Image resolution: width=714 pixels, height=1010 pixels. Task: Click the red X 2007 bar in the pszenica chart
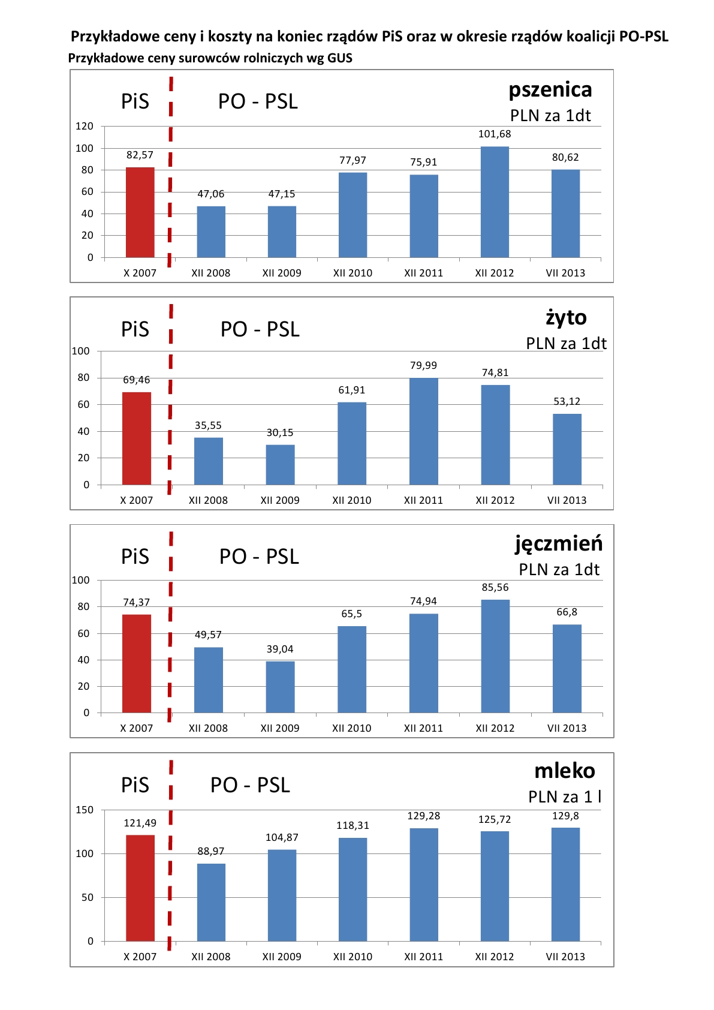[140, 212]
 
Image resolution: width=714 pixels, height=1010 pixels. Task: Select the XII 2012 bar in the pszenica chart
[495, 202]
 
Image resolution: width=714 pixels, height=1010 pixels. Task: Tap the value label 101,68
[495, 134]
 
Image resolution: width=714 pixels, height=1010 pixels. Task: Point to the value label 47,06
[211, 194]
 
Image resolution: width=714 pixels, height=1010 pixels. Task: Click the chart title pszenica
[550, 90]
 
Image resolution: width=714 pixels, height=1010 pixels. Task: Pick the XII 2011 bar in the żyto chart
[423, 431]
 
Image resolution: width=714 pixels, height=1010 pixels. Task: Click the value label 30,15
[280, 432]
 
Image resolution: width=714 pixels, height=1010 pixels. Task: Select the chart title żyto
[566, 317]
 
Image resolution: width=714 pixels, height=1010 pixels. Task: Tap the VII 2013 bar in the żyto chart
[567, 449]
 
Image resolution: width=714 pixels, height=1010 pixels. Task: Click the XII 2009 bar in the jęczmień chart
[280, 687]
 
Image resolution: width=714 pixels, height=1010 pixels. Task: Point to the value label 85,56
[495, 587]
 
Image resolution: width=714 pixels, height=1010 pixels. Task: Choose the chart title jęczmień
[559, 543]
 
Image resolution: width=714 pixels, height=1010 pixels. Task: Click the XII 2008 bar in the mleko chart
[211, 902]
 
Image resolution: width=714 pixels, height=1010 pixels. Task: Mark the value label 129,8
[565, 816]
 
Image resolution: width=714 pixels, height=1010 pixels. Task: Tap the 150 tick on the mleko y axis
[85, 810]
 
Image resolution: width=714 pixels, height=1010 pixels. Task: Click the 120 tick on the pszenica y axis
[85, 126]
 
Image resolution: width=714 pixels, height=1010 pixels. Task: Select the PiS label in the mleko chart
[135, 785]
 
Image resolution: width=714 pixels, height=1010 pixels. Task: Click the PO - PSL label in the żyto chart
[260, 329]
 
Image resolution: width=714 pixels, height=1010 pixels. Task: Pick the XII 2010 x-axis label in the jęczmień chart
[351, 728]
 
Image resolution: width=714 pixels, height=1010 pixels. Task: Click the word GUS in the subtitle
[340, 58]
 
